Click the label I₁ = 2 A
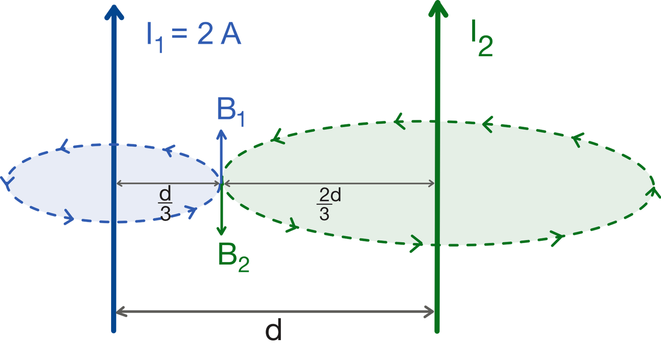coord(194,37)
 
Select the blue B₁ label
coord(231,112)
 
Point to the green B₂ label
coord(233,257)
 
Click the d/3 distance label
coord(165,203)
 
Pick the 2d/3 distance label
coord(329,204)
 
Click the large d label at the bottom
coord(273,329)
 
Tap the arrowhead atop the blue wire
coord(114,12)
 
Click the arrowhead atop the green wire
coord(438,8)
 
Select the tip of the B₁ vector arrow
coord(221,130)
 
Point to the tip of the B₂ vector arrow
coord(221,235)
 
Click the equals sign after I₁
coord(179,33)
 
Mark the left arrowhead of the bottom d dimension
coord(121,312)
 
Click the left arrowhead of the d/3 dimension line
coord(119,184)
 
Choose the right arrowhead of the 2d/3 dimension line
coord(431,184)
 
